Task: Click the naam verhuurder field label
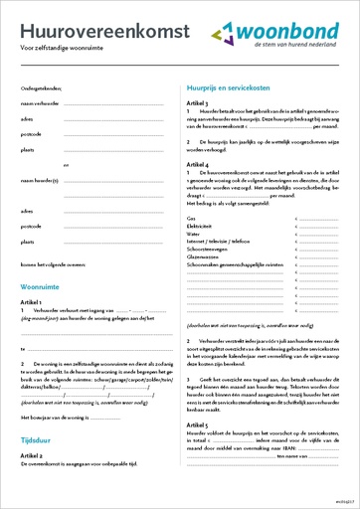pyautogui.click(x=41, y=102)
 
